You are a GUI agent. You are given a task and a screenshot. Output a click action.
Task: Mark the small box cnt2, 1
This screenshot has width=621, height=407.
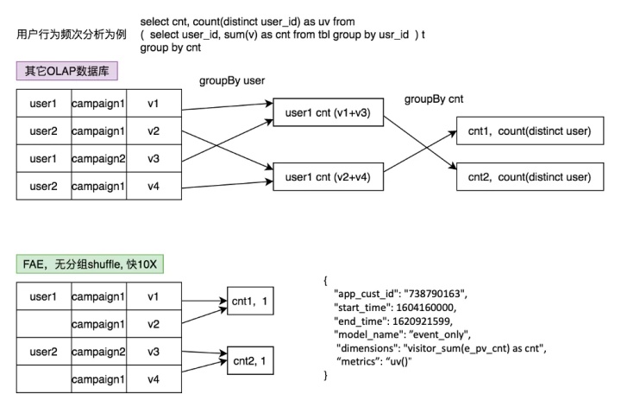tap(249, 358)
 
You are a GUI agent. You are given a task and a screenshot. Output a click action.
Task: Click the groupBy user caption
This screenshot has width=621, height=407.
tap(231, 80)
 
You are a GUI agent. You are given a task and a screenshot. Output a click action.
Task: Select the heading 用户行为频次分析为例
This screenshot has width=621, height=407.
tap(71, 34)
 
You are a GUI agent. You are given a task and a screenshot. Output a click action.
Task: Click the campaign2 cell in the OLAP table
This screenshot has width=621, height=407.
tap(98, 158)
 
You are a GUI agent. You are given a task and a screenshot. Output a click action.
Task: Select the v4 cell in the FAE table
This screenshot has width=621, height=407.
tap(154, 378)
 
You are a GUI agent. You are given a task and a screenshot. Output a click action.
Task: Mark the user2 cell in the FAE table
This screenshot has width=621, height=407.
tap(43, 352)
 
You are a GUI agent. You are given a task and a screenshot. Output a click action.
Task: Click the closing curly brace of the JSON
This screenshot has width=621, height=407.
tap(326, 375)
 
